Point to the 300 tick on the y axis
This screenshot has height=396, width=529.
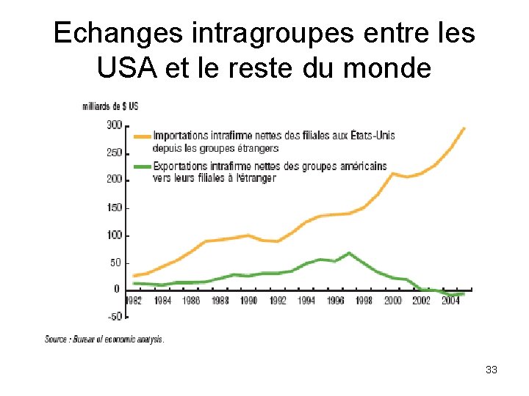(x=115, y=125)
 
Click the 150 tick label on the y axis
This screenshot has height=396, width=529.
(x=115, y=208)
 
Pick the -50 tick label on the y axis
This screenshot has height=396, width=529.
(x=115, y=317)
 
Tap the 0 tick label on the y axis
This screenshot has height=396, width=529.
(x=118, y=290)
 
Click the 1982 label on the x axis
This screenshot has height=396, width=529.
(x=133, y=301)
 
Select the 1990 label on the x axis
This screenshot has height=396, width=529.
(x=248, y=301)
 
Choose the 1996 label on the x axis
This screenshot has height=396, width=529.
(x=335, y=301)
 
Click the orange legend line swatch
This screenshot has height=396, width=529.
(x=142, y=136)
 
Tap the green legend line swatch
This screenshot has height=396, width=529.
(x=142, y=167)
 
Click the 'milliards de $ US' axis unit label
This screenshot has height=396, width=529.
(x=110, y=106)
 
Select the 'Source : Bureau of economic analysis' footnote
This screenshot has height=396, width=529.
(x=104, y=340)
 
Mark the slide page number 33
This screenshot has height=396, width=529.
(x=492, y=370)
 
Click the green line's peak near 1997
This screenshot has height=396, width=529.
(x=350, y=253)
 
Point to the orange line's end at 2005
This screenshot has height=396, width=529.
(x=464, y=128)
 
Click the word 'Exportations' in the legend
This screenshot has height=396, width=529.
(x=176, y=167)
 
